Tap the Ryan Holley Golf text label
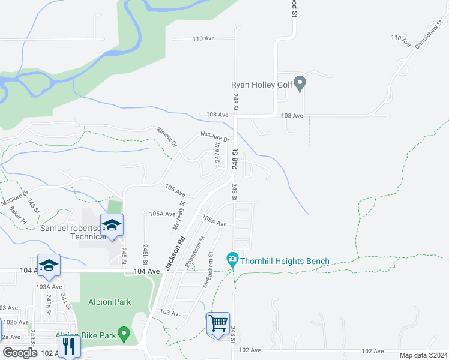click(262, 85)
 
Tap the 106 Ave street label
click(175, 191)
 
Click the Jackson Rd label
click(174, 254)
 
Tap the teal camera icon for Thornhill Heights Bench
click(232, 260)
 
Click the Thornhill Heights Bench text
click(285, 261)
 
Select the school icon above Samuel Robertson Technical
click(112, 226)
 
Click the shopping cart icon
click(218, 323)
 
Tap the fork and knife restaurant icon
click(68, 346)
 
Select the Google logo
click(20, 352)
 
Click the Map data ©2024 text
click(423, 355)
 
